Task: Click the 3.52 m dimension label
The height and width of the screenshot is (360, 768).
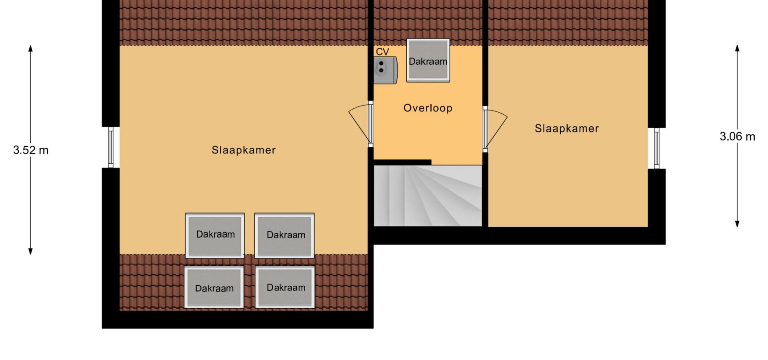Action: (x=31, y=150)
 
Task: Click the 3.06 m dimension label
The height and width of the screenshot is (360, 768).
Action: (x=737, y=137)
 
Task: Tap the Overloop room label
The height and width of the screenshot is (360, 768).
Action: (x=428, y=108)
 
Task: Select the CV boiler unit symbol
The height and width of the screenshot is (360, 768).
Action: (x=386, y=70)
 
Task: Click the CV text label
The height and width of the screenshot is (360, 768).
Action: (x=382, y=52)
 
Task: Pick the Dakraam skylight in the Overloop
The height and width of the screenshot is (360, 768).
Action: (x=428, y=60)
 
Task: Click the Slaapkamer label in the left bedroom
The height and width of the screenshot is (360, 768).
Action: (x=244, y=150)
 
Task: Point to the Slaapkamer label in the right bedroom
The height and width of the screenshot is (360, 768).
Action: (x=567, y=128)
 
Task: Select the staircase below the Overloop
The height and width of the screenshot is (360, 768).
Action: (x=428, y=196)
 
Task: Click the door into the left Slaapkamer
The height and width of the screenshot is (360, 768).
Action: (x=361, y=124)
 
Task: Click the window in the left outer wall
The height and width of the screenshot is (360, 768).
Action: (x=111, y=147)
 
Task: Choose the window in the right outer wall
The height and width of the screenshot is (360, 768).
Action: (x=656, y=148)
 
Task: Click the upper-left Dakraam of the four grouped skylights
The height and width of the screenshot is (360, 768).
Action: (x=215, y=235)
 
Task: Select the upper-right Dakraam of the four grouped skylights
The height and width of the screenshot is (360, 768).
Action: (x=284, y=235)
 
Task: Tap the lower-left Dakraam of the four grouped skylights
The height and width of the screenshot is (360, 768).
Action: (x=214, y=287)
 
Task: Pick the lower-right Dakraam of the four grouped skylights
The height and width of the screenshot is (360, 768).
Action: (x=285, y=287)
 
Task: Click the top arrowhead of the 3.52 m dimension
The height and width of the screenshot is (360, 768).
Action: (x=30, y=48)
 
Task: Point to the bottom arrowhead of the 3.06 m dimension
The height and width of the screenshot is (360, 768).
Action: (x=737, y=224)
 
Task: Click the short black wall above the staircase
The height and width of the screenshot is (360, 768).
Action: (x=402, y=162)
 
